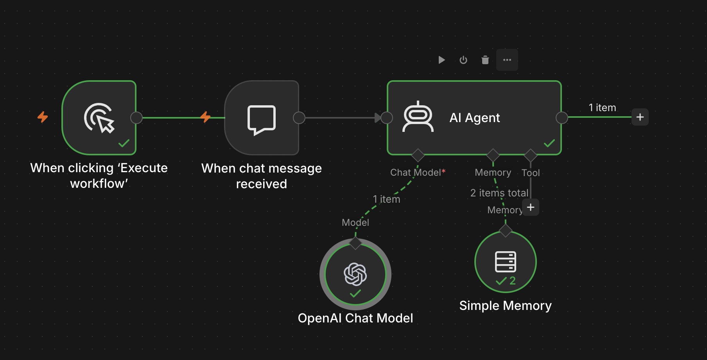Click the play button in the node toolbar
point(441,60)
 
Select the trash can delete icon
point(485,60)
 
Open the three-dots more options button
point(507,60)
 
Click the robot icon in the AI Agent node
point(418,117)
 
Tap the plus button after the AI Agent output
point(640,117)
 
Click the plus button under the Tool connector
point(531,207)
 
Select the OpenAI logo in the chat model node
point(355,274)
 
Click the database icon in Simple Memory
point(506,261)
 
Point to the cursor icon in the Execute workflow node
point(99,118)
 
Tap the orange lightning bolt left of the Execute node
point(43,117)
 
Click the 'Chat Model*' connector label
point(418,173)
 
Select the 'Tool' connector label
point(531,173)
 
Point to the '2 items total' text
point(499,193)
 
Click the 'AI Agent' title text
point(475,118)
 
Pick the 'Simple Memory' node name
point(505,306)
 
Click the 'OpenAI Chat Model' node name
point(355,318)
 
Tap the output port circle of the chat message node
point(299,117)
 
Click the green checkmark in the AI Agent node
point(549,143)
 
